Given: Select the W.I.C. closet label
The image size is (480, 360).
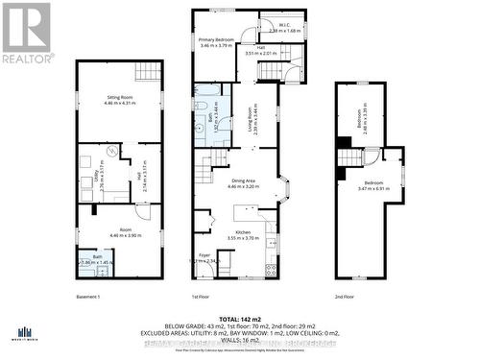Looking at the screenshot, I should click(x=284, y=28).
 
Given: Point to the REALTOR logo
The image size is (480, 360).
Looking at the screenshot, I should click(x=27, y=32).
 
